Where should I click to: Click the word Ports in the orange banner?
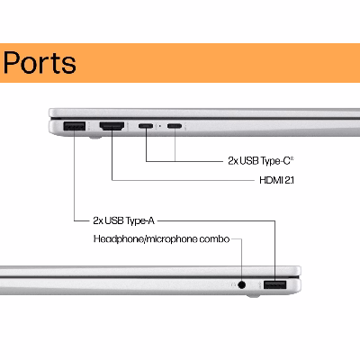[x=40, y=62]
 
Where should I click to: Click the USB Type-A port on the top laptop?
[x=75, y=126]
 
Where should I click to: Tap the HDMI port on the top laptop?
[x=112, y=126]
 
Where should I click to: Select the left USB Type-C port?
[x=146, y=126]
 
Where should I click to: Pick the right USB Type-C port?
[x=175, y=126]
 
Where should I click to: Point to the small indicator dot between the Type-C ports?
[x=160, y=126]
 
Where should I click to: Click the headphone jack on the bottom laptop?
[x=241, y=284]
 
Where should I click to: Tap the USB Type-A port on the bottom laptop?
[x=275, y=284]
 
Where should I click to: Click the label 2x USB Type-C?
[x=261, y=161]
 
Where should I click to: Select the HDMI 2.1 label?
[x=276, y=180]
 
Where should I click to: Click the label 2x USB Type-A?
[x=123, y=220]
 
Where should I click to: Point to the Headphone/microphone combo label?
[x=161, y=239]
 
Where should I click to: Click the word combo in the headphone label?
[x=214, y=239]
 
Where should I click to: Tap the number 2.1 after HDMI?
[x=288, y=180]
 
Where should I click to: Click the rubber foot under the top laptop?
[x=95, y=138]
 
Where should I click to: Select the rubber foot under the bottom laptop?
[x=254, y=296]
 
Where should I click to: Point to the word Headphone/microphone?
[x=146, y=239]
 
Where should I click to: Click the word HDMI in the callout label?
[x=269, y=180]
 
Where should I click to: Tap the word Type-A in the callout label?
[x=140, y=220]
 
